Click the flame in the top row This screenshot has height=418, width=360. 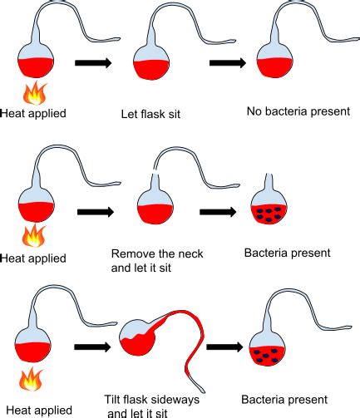(x=36, y=93)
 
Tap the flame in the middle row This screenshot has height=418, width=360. (x=34, y=236)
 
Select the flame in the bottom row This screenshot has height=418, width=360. (x=31, y=379)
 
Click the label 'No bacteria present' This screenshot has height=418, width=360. (x=298, y=111)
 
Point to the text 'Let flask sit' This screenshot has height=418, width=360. (x=150, y=114)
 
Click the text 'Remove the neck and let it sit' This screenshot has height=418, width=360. (x=157, y=261)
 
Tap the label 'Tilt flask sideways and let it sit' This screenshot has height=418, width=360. (x=151, y=406)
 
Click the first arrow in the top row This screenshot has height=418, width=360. (x=93, y=63)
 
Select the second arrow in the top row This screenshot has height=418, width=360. (x=228, y=63)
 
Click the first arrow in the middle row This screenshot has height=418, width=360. (x=96, y=212)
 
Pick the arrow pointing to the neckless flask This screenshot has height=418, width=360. (x=218, y=212)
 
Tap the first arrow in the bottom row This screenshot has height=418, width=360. (x=92, y=347)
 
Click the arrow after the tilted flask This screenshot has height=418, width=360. (x=224, y=347)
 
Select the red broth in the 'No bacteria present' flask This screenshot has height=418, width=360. (x=274, y=68)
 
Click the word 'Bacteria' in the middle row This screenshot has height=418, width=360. (x=264, y=253)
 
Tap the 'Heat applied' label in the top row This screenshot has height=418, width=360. (x=33, y=113)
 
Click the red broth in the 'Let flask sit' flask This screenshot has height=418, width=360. (x=151, y=70)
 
